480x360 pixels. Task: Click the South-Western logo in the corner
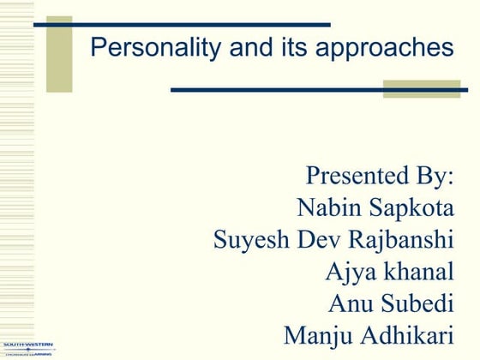pyautogui.click(x=27, y=347)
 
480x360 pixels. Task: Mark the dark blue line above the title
pyautogui.click(x=182, y=25)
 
